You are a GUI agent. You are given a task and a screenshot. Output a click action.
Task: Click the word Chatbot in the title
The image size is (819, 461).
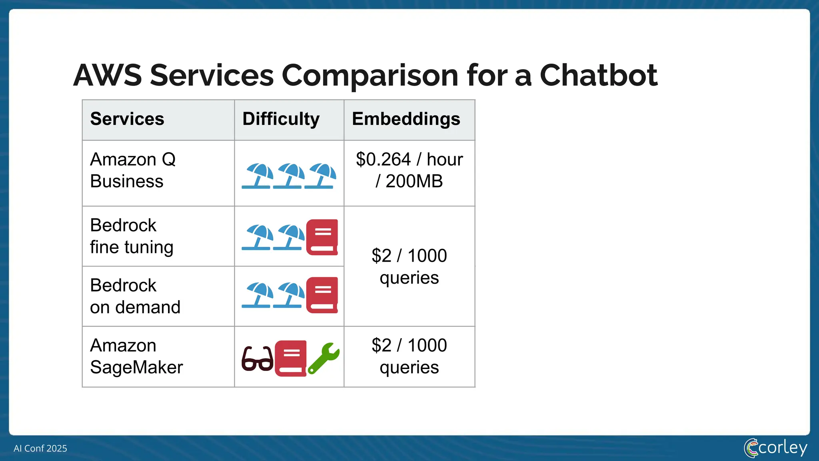[598, 75]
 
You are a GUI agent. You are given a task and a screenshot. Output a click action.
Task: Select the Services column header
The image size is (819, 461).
[127, 119]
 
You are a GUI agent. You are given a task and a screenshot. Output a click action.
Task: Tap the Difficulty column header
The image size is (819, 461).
[281, 119]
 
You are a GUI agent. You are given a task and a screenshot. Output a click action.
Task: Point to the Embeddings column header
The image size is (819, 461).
[406, 119]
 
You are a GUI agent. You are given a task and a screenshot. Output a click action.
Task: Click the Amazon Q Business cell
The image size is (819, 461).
[133, 170]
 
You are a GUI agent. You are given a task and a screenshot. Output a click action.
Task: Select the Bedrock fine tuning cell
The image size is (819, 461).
[132, 236]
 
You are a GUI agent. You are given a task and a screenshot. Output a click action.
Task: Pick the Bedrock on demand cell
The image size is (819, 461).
[135, 296]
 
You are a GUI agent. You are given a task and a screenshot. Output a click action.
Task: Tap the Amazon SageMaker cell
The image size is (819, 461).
[136, 356]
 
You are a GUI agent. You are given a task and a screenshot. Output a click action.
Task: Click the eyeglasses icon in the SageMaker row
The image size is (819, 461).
[258, 359]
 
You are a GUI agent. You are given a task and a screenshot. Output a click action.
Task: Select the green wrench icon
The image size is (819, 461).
[324, 358]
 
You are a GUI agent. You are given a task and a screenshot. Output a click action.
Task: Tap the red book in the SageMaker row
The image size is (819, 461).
[291, 358]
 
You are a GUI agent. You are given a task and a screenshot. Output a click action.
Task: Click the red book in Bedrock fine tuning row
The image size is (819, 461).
[322, 237]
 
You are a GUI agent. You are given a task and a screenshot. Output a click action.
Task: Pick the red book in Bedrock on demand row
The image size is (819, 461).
[322, 295]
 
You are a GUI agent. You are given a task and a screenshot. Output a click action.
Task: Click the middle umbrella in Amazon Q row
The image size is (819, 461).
[289, 176]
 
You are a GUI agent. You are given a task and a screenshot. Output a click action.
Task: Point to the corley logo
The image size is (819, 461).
[775, 448]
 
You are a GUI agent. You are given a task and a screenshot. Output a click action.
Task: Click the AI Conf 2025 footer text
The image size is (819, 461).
[40, 448]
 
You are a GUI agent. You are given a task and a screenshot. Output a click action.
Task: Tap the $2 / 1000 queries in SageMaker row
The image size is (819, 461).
[409, 356]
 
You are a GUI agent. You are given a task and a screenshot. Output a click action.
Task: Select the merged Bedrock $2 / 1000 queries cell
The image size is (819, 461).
[409, 267]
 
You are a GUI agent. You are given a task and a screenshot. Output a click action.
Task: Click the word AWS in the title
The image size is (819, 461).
[107, 75]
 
